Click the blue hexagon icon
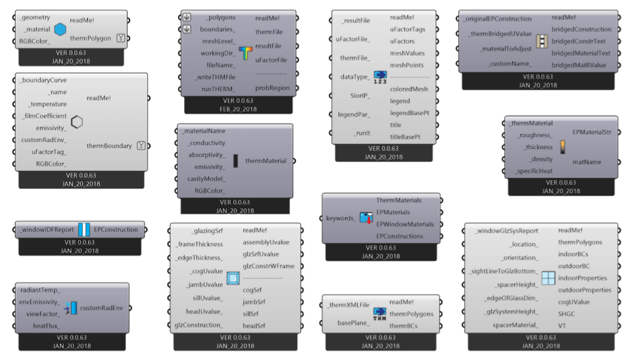pyautogui.click(x=60, y=30)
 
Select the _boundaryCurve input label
pyautogui.click(x=43, y=79)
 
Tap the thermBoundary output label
pyautogui.click(x=109, y=146)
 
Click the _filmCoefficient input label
pyautogui.click(x=43, y=116)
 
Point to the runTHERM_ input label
pyautogui.click(x=218, y=88)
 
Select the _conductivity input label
pyautogui.click(x=206, y=143)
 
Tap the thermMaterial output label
pyautogui.click(x=266, y=160)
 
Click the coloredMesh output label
pyautogui.click(x=409, y=89)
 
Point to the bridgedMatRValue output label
pyautogui.click(x=578, y=64)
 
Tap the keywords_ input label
pyautogui.click(x=340, y=217)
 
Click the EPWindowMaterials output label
pyautogui.click(x=405, y=224)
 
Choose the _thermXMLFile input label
pyautogui.click(x=348, y=305)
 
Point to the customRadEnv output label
pyautogui.click(x=103, y=307)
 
